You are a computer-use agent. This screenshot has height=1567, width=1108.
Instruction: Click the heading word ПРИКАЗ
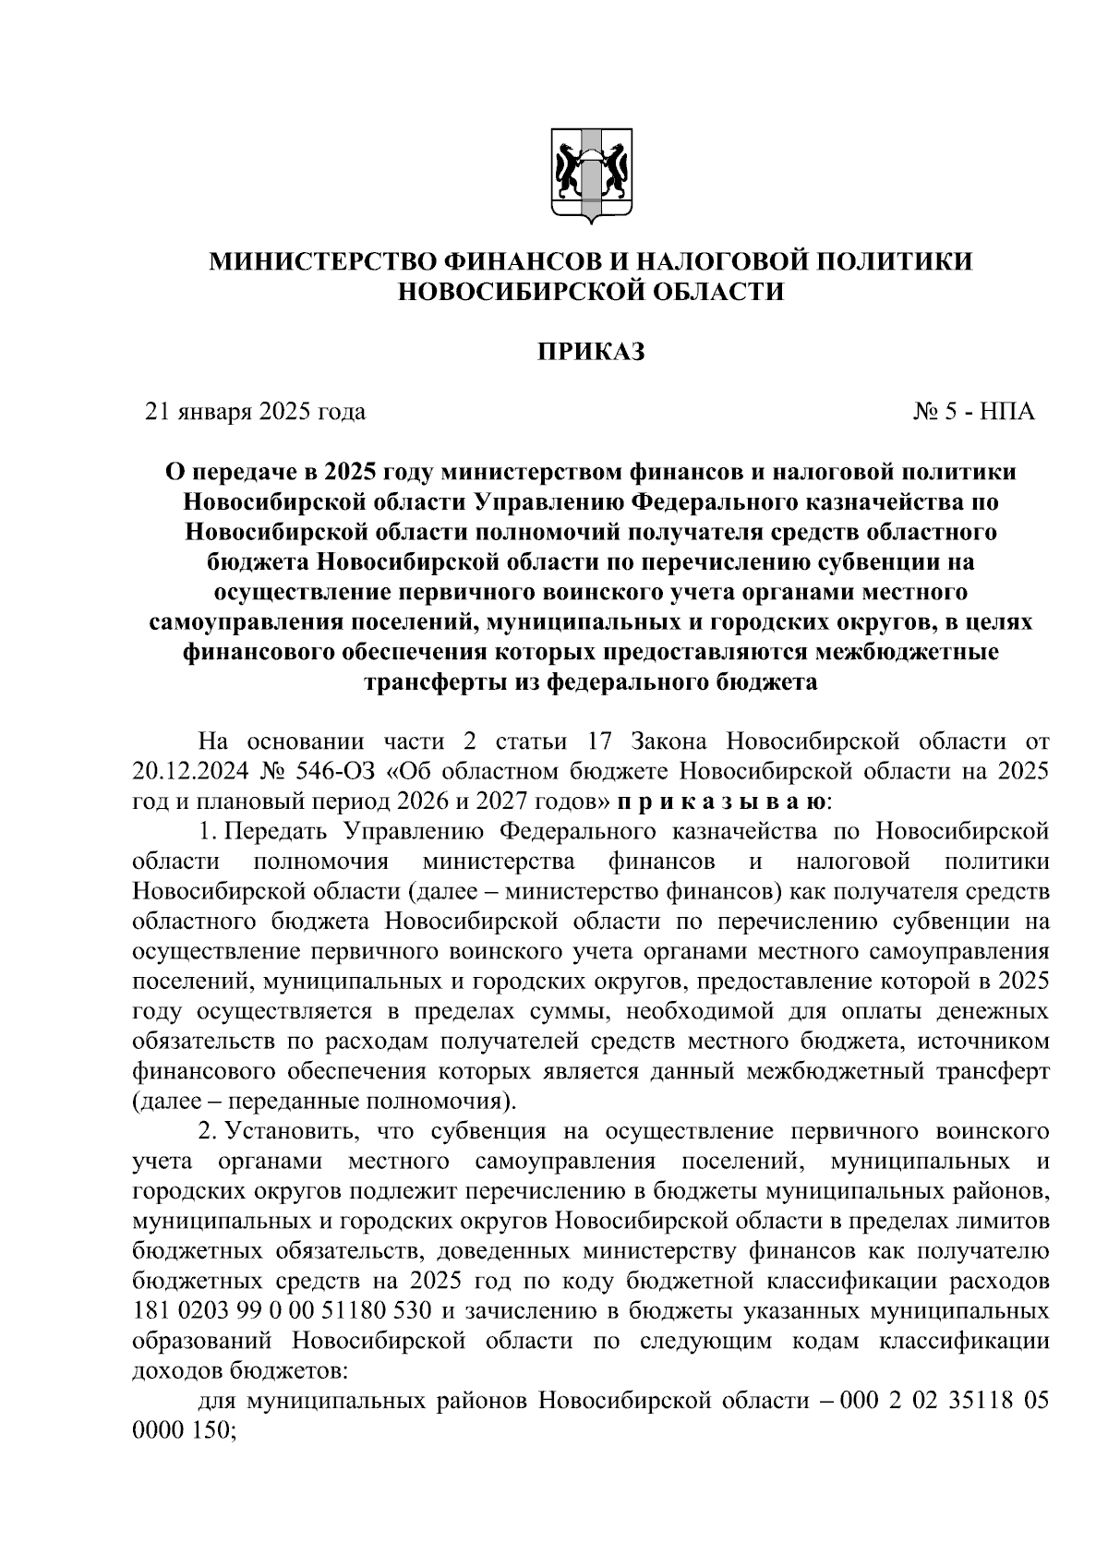pyautogui.click(x=591, y=351)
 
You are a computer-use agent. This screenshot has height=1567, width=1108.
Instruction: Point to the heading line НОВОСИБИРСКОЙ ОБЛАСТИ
pyautogui.click(x=591, y=292)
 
